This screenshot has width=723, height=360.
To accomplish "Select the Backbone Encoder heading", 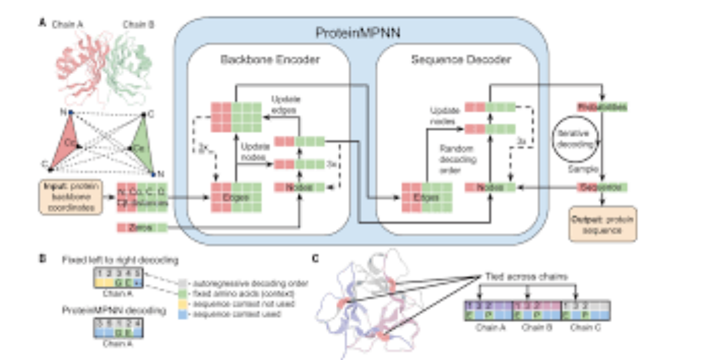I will (x=270, y=60).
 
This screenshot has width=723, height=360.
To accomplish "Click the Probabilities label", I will (x=601, y=107).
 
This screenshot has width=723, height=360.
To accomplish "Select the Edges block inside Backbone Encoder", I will (x=236, y=196).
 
